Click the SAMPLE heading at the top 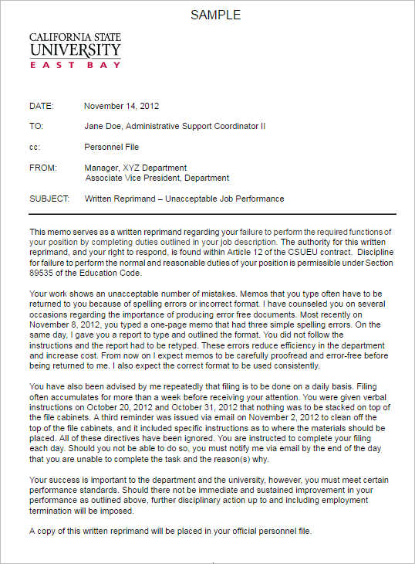(215, 15)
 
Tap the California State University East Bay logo (75, 51)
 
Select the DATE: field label (42, 106)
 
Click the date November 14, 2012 (121, 106)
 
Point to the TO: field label (36, 126)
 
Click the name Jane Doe (102, 126)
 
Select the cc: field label (35, 146)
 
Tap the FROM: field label (42, 168)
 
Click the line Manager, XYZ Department (135, 168)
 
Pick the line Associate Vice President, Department (157, 178)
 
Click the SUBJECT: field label (49, 199)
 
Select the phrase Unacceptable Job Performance (233, 199)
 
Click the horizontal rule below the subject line (212, 213)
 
